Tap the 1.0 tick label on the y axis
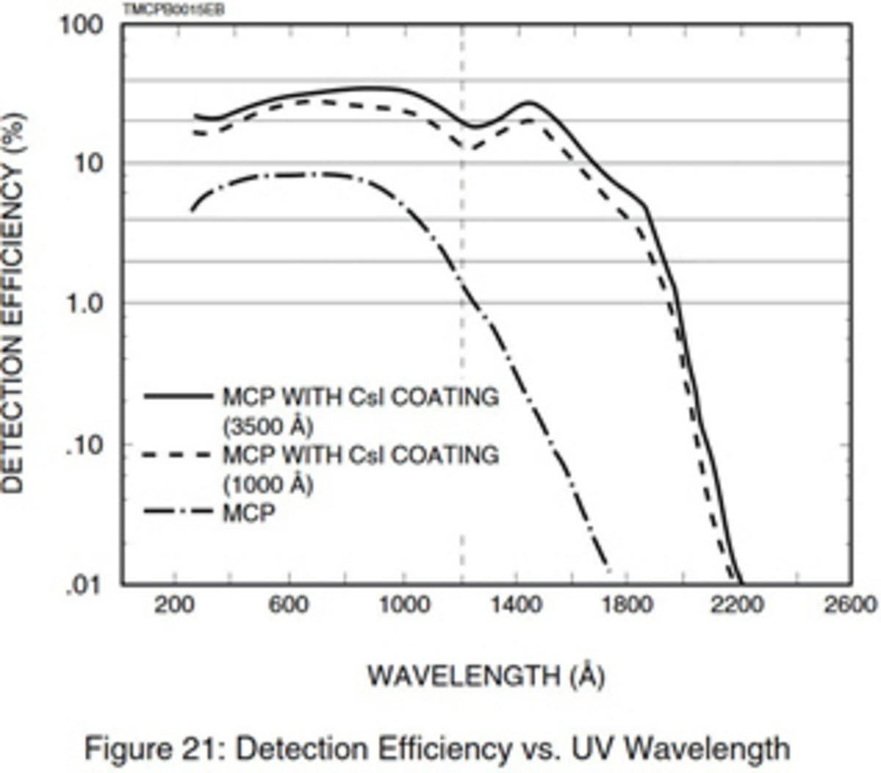[x=84, y=302]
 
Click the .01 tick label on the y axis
[x=84, y=585]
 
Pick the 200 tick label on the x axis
[x=175, y=605]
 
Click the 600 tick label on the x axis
[x=289, y=605]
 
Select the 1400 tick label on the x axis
[x=517, y=605]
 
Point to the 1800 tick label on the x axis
[x=631, y=605]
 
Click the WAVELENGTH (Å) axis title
[x=486, y=675]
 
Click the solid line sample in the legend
[x=178, y=396]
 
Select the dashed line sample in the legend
[x=178, y=455]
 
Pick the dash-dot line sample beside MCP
[x=178, y=512]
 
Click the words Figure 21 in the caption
[x=156, y=750]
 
